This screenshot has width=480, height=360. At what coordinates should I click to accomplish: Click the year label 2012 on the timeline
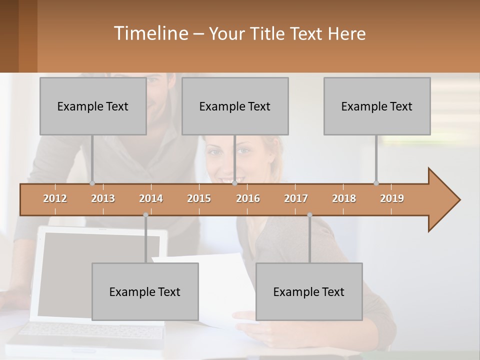click(55, 198)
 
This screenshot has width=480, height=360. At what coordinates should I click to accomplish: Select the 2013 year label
click(103, 198)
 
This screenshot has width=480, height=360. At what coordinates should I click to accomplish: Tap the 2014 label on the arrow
click(151, 198)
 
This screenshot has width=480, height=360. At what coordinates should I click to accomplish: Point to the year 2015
click(199, 198)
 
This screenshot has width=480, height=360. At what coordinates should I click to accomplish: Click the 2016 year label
click(248, 198)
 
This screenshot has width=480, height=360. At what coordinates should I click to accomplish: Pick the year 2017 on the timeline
click(296, 198)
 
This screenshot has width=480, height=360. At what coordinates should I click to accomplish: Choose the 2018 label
click(344, 198)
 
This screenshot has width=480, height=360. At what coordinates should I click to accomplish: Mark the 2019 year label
click(392, 198)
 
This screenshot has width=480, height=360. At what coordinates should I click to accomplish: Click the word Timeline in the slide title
click(150, 33)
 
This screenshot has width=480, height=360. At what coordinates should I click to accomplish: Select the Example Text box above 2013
click(93, 106)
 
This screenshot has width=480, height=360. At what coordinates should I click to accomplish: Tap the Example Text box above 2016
click(235, 106)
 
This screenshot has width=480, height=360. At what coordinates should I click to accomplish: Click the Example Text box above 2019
click(377, 106)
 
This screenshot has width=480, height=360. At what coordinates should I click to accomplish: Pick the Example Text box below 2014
click(145, 291)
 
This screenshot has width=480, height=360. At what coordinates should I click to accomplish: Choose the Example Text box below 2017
click(309, 291)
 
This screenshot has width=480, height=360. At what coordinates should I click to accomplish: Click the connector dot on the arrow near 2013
click(92, 183)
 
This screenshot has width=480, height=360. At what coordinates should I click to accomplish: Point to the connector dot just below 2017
click(309, 215)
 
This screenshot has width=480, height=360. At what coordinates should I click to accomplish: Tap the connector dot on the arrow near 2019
click(376, 183)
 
